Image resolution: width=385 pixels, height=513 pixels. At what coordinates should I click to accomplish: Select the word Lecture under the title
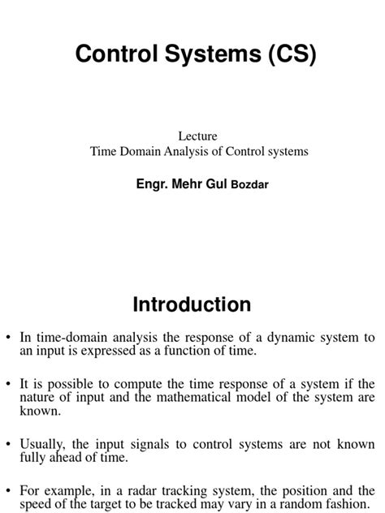pyautogui.click(x=197, y=136)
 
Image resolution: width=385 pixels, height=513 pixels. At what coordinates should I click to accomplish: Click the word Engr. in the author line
pyautogui.click(x=154, y=183)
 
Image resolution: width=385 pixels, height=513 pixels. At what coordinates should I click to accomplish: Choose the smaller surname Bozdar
pyautogui.click(x=250, y=184)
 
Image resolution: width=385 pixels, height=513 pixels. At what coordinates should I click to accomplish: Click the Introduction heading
pyautogui.click(x=192, y=304)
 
